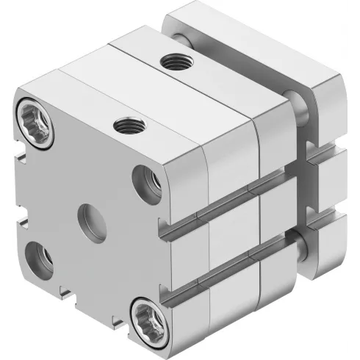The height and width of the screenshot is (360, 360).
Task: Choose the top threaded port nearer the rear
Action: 176,64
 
